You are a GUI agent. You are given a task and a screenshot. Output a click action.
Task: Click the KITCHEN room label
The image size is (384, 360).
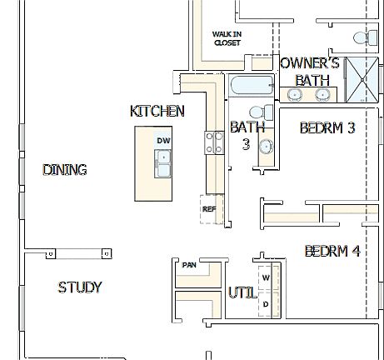(x=157, y=111)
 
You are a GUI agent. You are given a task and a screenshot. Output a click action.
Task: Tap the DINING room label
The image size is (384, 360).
(x=65, y=169)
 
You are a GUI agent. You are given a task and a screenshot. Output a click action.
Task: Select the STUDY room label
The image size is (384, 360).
(x=80, y=287)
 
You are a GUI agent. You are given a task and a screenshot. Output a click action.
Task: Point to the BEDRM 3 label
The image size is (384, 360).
(x=327, y=127)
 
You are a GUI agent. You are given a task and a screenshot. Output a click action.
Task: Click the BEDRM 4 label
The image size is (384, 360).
(x=332, y=250)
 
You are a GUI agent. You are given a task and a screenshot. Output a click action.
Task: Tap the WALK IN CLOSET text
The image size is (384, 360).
(x=227, y=38)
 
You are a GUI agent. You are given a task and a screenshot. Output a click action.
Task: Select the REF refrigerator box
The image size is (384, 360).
(x=208, y=209)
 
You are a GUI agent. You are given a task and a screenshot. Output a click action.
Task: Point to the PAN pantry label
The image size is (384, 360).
(x=189, y=265)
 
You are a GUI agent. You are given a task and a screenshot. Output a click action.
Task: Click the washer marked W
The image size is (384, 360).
(x=266, y=277)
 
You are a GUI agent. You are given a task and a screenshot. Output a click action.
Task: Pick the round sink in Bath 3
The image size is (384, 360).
(x=266, y=147)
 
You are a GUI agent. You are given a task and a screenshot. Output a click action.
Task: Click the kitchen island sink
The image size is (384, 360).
(x=162, y=166)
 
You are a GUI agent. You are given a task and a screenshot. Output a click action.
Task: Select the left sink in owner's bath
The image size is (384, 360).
(x=295, y=95)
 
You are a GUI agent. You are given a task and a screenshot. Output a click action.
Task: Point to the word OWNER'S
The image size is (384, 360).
(x=309, y=63)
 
